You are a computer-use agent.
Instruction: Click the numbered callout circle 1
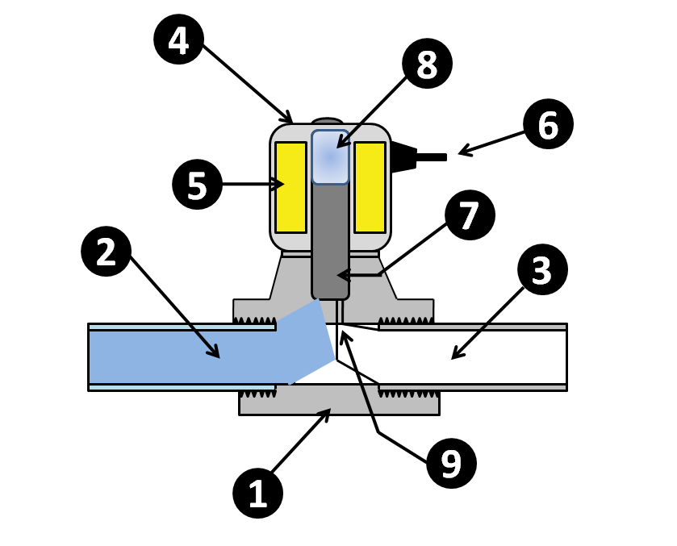(x=257, y=494)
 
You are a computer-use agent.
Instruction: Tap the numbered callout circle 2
(x=107, y=252)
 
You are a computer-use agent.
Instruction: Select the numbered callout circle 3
(x=542, y=270)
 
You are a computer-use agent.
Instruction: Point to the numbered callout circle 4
(x=178, y=40)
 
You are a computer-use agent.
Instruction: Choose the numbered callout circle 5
(x=197, y=185)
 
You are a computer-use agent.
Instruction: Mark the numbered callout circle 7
(x=470, y=215)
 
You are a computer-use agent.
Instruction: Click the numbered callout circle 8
(x=427, y=64)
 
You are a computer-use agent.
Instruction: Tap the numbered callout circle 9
(x=451, y=463)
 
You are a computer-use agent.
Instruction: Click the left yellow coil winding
(x=290, y=187)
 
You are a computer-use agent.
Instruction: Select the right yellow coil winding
(x=370, y=187)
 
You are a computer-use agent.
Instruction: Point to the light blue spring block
(x=330, y=157)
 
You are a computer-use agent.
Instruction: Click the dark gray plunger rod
(x=330, y=242)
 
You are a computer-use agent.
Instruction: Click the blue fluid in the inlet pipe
(x=186, y=356)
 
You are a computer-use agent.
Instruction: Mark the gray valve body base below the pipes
(x=339, y=401)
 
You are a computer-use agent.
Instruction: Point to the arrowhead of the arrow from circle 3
(x=453, y=357)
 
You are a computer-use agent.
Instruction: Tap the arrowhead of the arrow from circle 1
(x=328, y=411)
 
